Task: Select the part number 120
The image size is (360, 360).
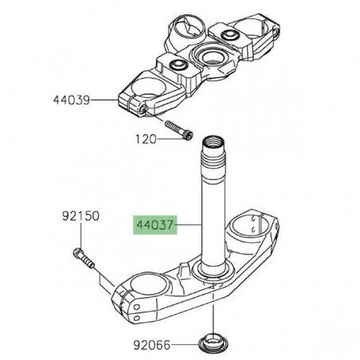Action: [144, 138]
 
